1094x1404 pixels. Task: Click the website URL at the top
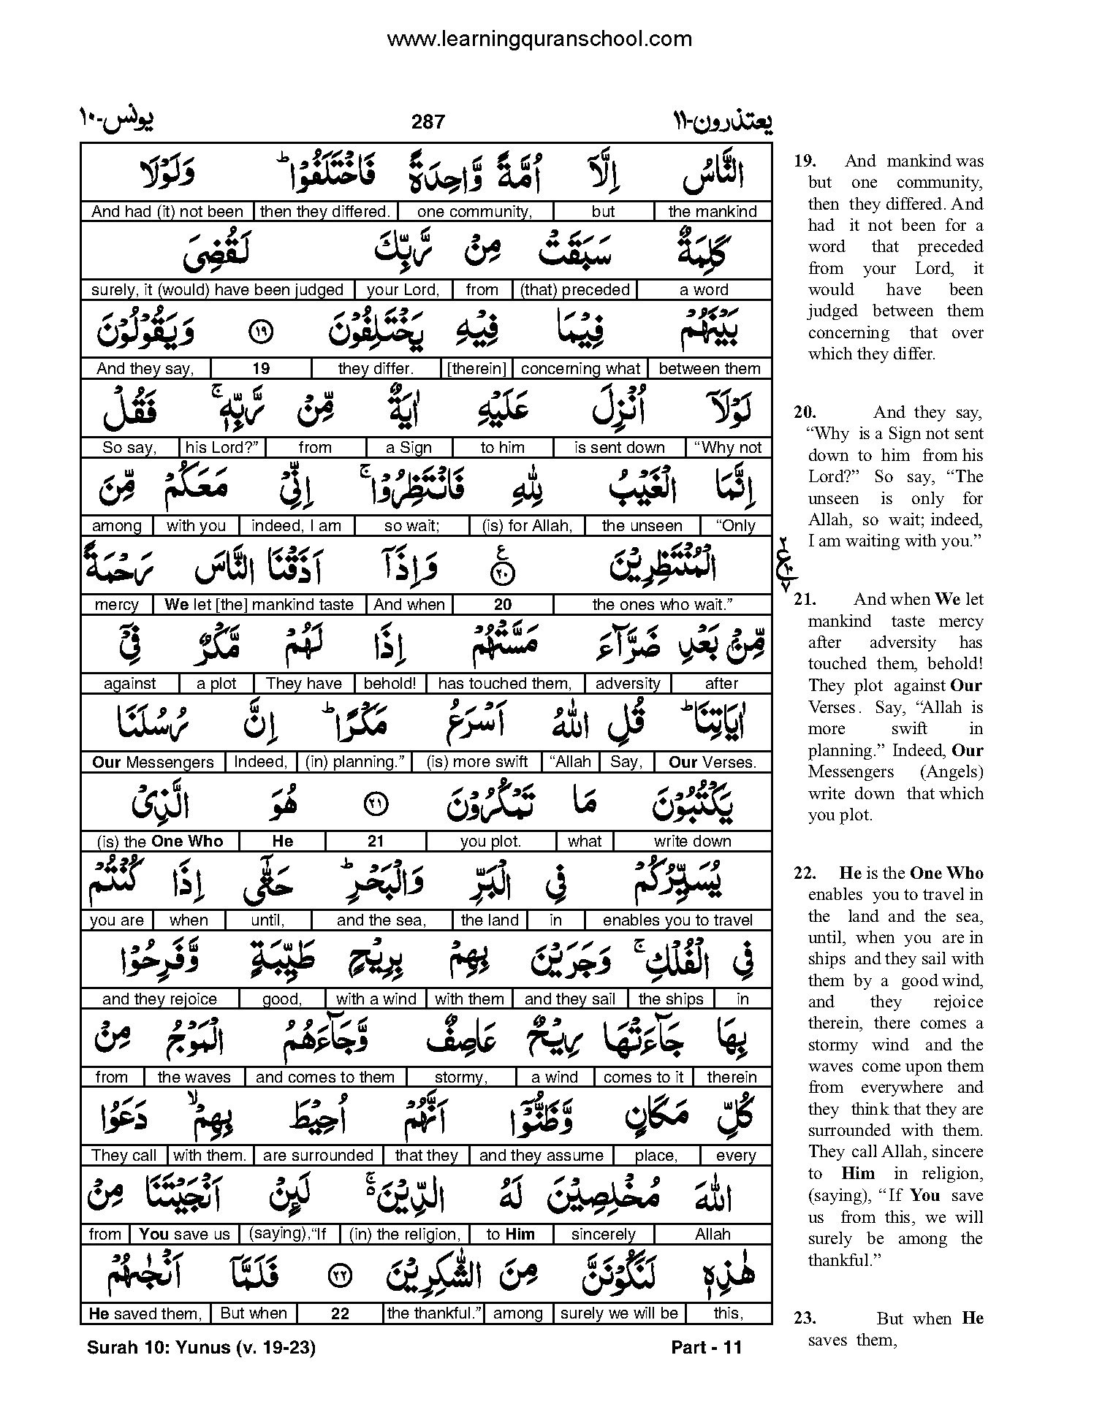click(539, 39)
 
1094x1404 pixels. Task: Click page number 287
click(428, 122)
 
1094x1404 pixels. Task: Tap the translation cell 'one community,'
click(474, 212)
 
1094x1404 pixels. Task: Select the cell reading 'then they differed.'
click(325, 212)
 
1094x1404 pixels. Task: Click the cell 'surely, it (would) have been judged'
click(217, 290)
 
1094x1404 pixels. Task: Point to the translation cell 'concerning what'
click(580, 369)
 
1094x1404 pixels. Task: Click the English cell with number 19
click(261, 369)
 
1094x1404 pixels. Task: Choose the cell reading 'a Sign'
click(409, 448)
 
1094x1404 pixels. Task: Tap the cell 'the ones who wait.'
click(662, 605)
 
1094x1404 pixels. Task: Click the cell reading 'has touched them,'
click(504, 684)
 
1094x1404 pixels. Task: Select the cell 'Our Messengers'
click(153, 763)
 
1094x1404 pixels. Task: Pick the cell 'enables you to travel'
click(677, 920)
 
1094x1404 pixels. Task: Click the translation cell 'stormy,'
click(461, 1077)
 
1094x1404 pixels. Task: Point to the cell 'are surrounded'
click(318, 1156)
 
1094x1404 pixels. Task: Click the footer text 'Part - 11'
click(706, 1348)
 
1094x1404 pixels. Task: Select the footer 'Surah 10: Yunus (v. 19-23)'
click(201, 1348)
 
